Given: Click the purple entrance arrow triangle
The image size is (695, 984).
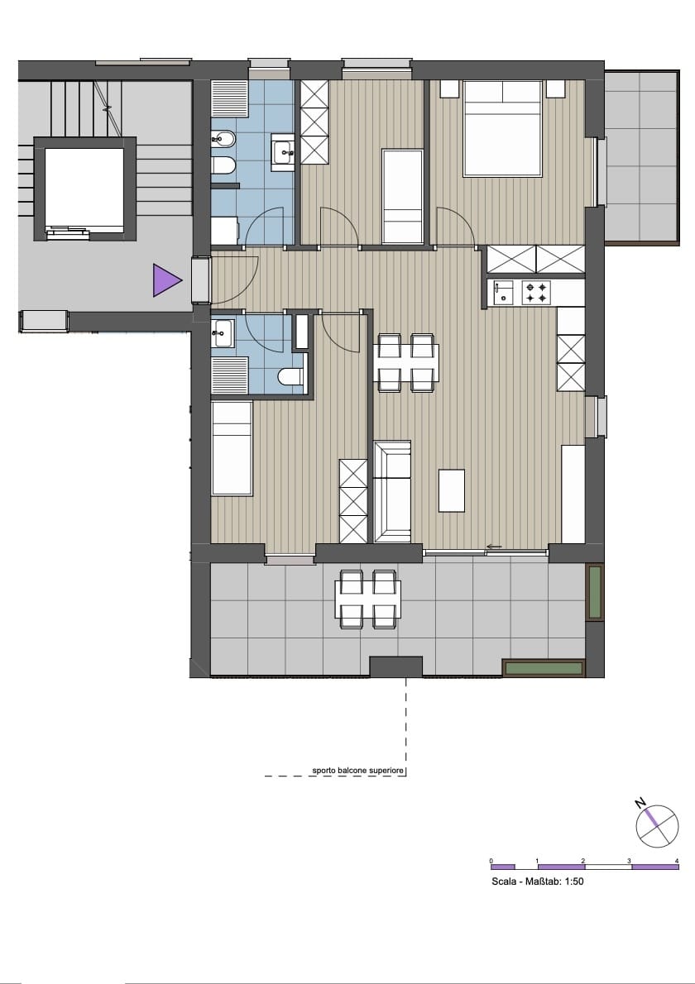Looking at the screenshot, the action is [x=166, y=279].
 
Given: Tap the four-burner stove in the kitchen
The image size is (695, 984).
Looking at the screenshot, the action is [x=537, y=293].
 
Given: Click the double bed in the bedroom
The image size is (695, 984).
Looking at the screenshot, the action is [x=502, y=129].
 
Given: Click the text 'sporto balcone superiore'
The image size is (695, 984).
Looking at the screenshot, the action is [x=358, y=770].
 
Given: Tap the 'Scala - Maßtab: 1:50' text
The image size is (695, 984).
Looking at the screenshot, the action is [x=538, y=881].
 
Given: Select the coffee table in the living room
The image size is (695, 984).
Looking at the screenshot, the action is [x=452, y=490].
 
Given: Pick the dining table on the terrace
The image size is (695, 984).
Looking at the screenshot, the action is [x=368, y=599].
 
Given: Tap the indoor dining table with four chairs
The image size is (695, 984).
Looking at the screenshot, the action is [x=405, y=363].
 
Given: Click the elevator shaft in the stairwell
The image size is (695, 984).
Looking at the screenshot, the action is [x=84, y=189].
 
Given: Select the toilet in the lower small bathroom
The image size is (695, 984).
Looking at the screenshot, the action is [x=290, y=376].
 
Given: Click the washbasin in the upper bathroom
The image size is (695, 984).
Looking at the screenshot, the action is [x=282, y=151].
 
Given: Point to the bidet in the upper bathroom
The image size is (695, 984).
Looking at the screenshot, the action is [x=223, y=136].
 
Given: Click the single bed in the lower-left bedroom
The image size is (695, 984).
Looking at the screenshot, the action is [x=232, y=448].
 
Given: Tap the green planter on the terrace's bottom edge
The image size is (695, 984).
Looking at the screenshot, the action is [x=544, y=668].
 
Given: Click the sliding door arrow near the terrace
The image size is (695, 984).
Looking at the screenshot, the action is [x=494, y=547].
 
